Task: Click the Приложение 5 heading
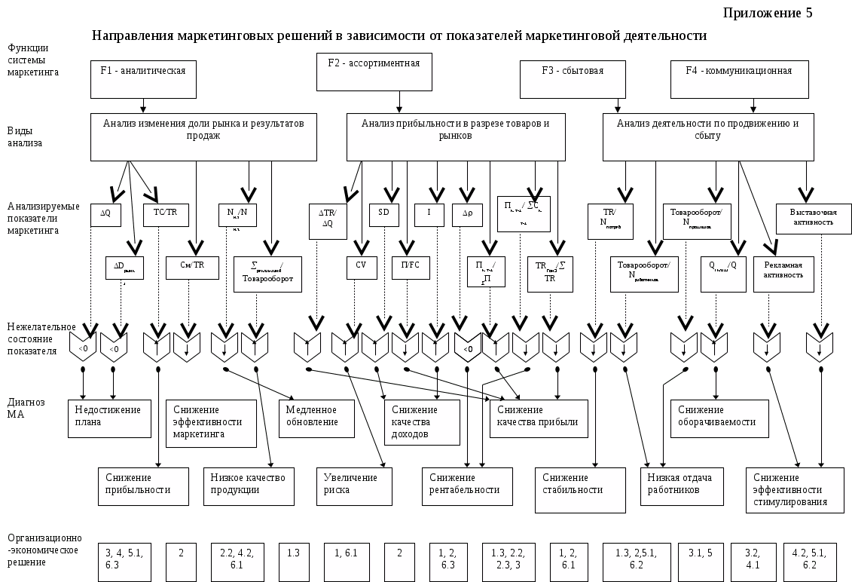[768, 13]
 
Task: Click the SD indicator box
[384, 215]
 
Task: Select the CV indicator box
[362, 268]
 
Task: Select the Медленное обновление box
[316, 418]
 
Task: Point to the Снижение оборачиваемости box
[719, 418]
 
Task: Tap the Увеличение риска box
[354, 486]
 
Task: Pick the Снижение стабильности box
[580, 486]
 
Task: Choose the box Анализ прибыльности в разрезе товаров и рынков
[456, 136]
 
